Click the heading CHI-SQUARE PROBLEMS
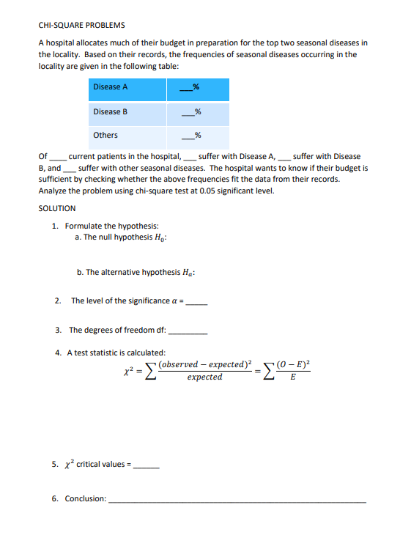tap(81, 25)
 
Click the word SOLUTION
tap(56, 208)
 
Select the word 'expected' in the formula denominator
tap(204, 377)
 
